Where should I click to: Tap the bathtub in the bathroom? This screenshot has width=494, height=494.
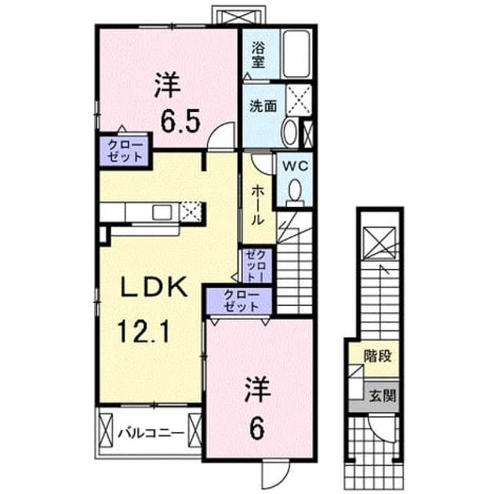click(296, 54)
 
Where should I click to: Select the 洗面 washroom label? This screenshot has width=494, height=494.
click(263, 106)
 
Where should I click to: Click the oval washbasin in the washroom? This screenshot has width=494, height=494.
click(290, 132)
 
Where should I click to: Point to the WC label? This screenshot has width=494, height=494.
click(295, 166)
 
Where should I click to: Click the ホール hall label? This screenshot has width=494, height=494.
click(257, 205)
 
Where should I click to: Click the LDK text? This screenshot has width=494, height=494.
click(154, 287)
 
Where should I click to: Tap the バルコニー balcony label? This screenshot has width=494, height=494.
click(151, 434)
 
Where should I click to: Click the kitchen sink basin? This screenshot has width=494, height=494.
click(162, 212)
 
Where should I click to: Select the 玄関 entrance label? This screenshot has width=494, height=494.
click(382, 396)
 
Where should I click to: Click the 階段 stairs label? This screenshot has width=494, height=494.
click(377, 356)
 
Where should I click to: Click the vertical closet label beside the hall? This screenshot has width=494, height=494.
click(256, 265)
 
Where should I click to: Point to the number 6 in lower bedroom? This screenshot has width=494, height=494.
click(256, 430)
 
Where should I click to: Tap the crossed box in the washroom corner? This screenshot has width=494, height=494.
click(299, 100)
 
